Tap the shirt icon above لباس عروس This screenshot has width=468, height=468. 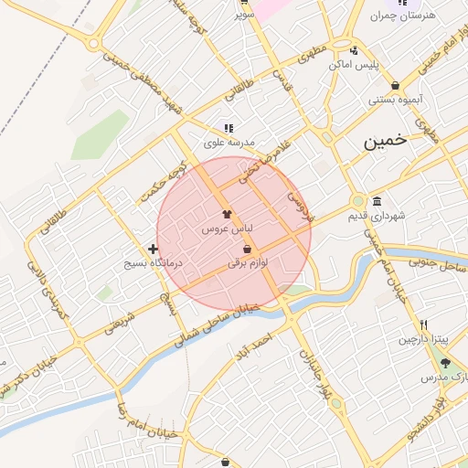click(228, 212)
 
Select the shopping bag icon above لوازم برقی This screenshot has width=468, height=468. click(247, 249)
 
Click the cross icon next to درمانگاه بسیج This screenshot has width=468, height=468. click(153, 249)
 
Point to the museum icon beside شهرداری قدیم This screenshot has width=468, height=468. click(377, 201)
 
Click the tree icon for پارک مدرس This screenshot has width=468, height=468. click(448, 363)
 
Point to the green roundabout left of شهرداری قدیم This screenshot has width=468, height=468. click(357, 201)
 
